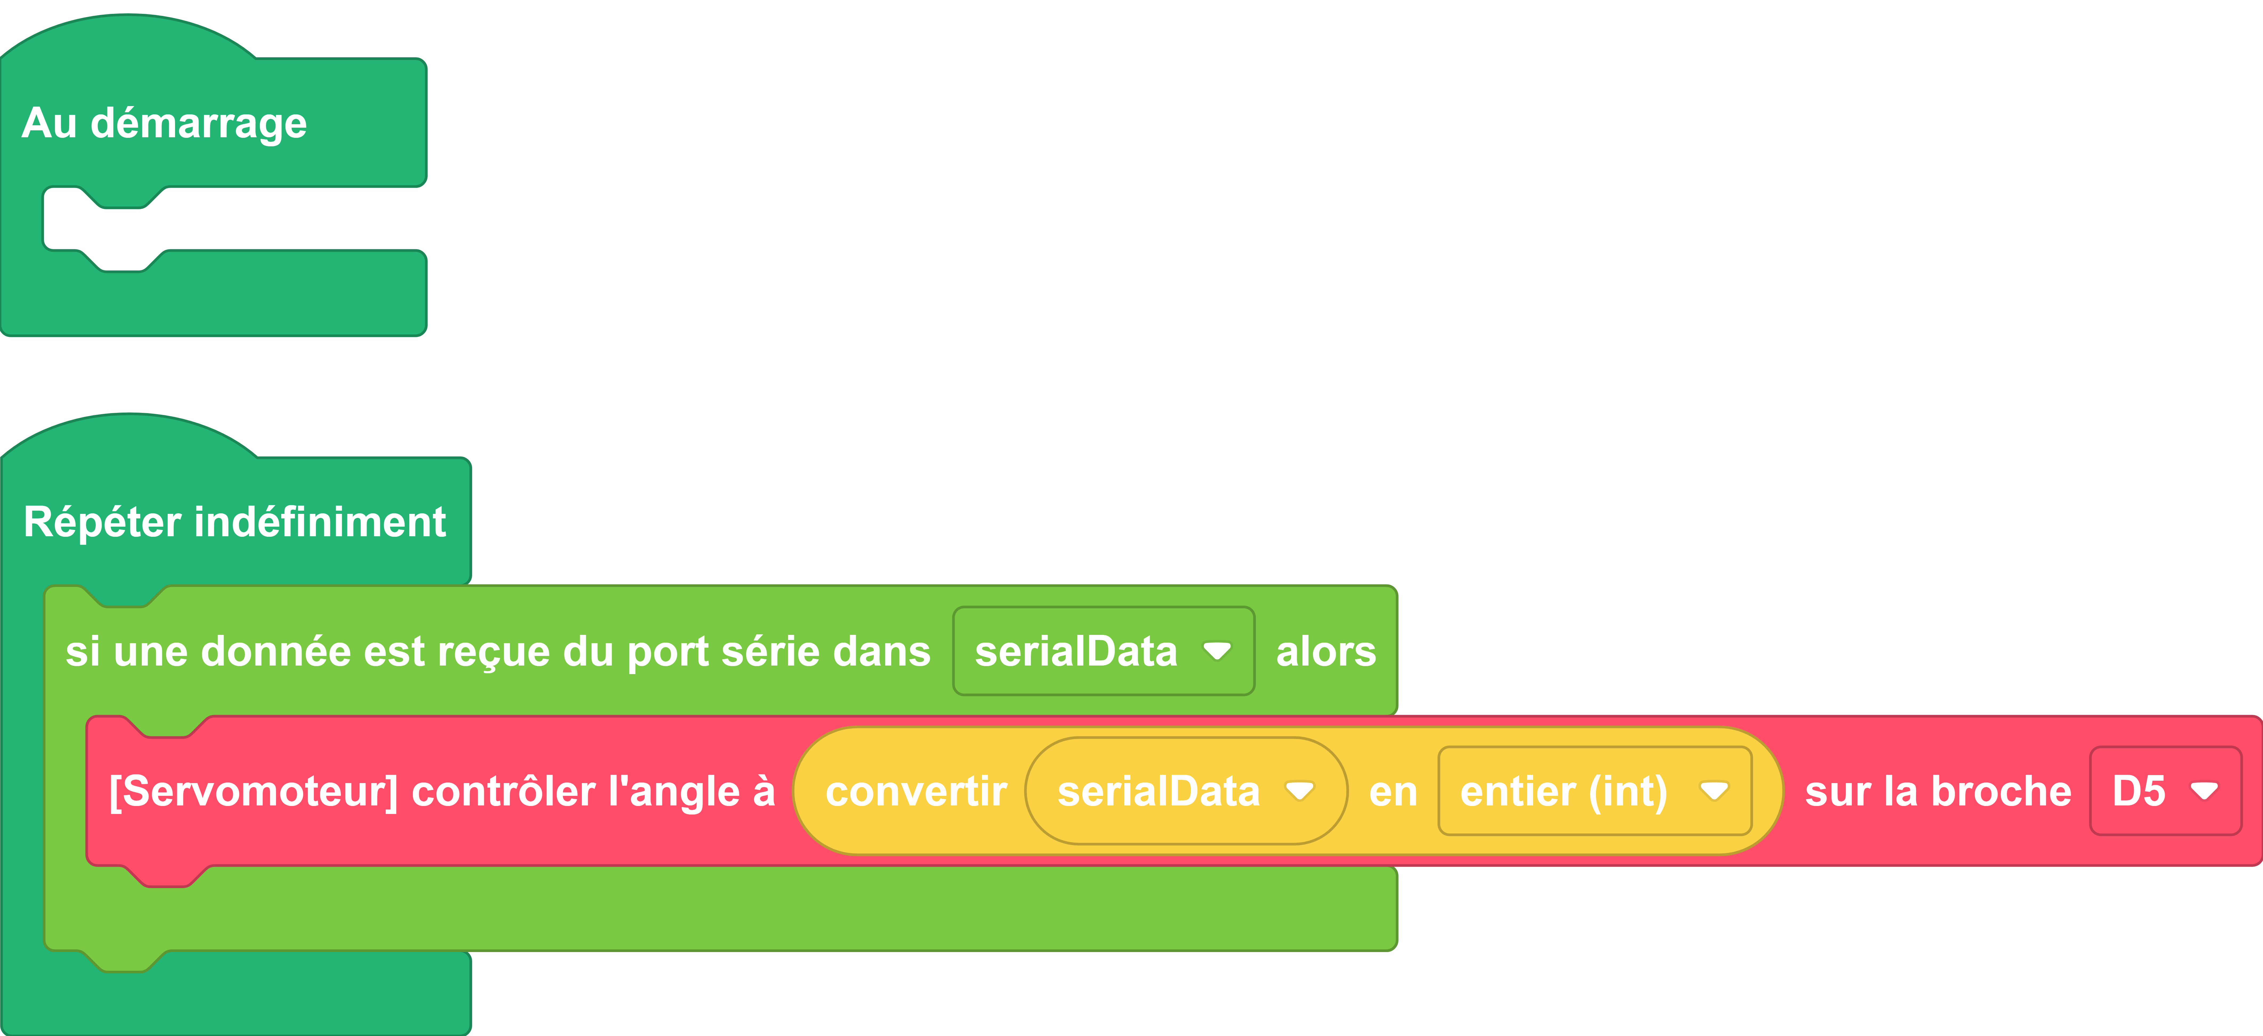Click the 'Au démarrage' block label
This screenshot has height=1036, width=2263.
[x=164, y=123]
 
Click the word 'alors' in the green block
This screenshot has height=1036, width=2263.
[x=1326, y=651]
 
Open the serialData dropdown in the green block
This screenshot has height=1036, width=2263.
[x=1103, y=651]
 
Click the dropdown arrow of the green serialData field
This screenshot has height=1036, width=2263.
[x=1217, y=651]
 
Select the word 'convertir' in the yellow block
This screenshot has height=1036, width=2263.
[x=916, y=791]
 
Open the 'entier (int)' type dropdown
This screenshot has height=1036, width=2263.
[x=1594, y=791]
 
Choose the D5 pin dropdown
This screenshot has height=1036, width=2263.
[x=2165, y=791]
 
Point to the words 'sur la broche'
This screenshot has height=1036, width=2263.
[x=1938, y=791]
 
